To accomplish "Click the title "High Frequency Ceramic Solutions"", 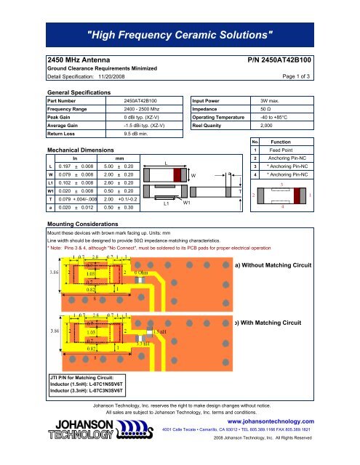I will point(180,34).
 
